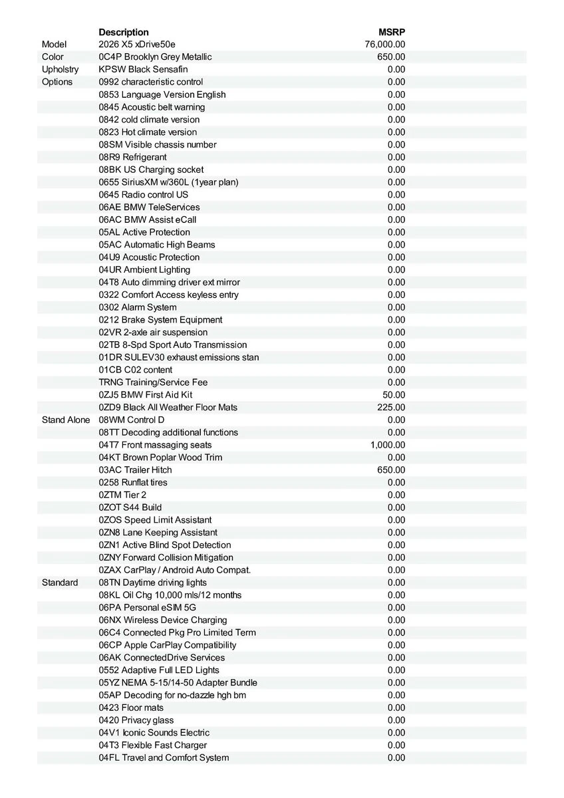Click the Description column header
[x=124, y=32]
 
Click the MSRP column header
[x=392, y=32]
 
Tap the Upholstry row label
[x=60, y=69]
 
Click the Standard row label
[x=60, y=583]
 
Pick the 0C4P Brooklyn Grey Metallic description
[x=155, y=57]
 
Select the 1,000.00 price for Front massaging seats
[x=388, y=445]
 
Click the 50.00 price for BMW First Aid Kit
[x=394, y=395]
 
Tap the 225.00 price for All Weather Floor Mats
[x=391, y=407]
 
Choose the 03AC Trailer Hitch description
[x=135, y=470]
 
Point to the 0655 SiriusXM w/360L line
[x=168, y=182]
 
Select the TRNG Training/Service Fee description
[x=154, y=382]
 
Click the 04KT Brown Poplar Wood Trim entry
[x=160, y=458]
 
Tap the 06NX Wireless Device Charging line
[x=163, y=620]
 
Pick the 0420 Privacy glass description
[x=136, y=720]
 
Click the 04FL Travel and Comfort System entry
[x=164, y=758]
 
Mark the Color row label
[x=53, y=57]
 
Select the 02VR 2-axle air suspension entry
[x=153, y=332]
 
